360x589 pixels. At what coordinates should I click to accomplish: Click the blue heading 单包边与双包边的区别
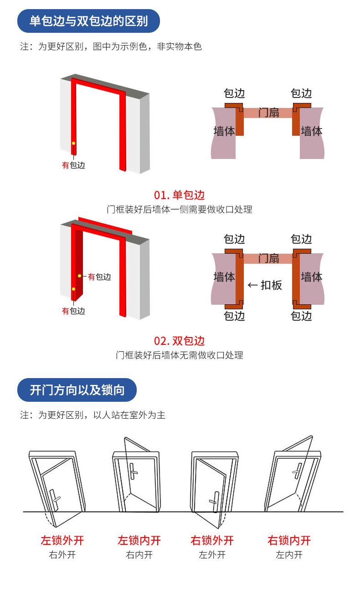(88, 21)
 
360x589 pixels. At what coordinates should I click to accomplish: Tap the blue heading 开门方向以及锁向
(77, 390)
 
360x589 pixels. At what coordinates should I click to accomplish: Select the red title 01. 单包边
(180, 195)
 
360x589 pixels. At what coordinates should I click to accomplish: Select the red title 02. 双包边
(180, 341)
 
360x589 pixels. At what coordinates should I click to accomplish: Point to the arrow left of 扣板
(252, 286)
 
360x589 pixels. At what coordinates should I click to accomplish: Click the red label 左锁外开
(62, 541)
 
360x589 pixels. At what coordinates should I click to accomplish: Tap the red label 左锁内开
(139, 541)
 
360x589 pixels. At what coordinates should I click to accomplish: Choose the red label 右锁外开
(212, 541)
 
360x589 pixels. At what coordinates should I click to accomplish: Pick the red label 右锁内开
(289, 541)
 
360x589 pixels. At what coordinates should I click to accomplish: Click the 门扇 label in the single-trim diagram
(269, 112)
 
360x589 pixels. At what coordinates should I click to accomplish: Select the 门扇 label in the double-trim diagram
(269, 258)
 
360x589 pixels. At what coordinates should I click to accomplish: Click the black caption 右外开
(62, 555)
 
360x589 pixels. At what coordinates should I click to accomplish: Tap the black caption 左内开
(289, 555)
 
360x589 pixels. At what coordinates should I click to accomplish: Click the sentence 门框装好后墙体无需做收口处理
(180, 355)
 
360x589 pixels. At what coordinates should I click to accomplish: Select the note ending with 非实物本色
(111, 46)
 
